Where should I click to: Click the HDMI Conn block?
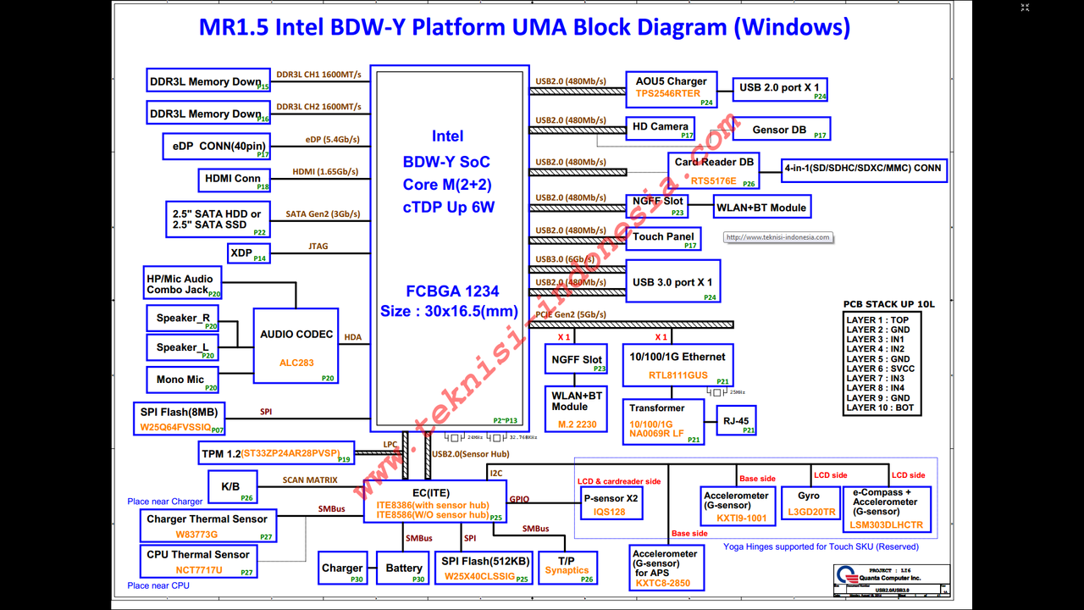[234, 180]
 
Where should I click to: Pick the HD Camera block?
[661, 128]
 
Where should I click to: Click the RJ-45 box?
[736, 420]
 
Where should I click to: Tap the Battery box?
[403, 568]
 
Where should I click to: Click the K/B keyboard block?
[231, 487]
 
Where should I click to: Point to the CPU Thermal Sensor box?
[198, 561]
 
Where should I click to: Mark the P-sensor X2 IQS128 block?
[610, 504]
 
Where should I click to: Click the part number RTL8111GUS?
[678, 374]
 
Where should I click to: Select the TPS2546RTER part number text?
[668, 93]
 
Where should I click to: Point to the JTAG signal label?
[318, 247]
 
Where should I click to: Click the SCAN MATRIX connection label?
[310, 480]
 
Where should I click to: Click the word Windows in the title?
[791, 27]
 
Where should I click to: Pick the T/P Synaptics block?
[567, 566]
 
